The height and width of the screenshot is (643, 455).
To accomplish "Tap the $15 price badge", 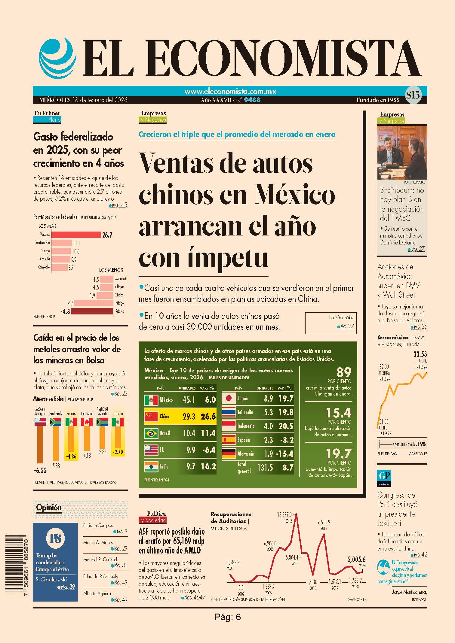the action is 413,95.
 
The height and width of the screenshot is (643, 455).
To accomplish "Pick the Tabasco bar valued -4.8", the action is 92,311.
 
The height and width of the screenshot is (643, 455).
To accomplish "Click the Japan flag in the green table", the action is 229,398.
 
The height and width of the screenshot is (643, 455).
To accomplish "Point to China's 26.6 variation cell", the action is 208,416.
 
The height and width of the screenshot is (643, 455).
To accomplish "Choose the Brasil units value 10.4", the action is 189,433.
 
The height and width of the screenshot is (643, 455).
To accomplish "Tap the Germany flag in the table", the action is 229,453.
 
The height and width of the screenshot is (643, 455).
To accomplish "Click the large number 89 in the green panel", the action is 343,372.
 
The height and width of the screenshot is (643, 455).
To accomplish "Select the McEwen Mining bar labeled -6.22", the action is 40,444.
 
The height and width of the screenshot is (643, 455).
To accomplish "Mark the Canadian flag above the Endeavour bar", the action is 87,422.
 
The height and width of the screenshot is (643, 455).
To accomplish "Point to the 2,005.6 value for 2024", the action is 356,559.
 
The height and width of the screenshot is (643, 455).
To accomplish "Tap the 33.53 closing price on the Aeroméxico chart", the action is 420,354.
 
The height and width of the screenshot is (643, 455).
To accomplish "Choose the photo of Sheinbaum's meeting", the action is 402,152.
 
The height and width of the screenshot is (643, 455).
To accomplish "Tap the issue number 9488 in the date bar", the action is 252,100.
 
